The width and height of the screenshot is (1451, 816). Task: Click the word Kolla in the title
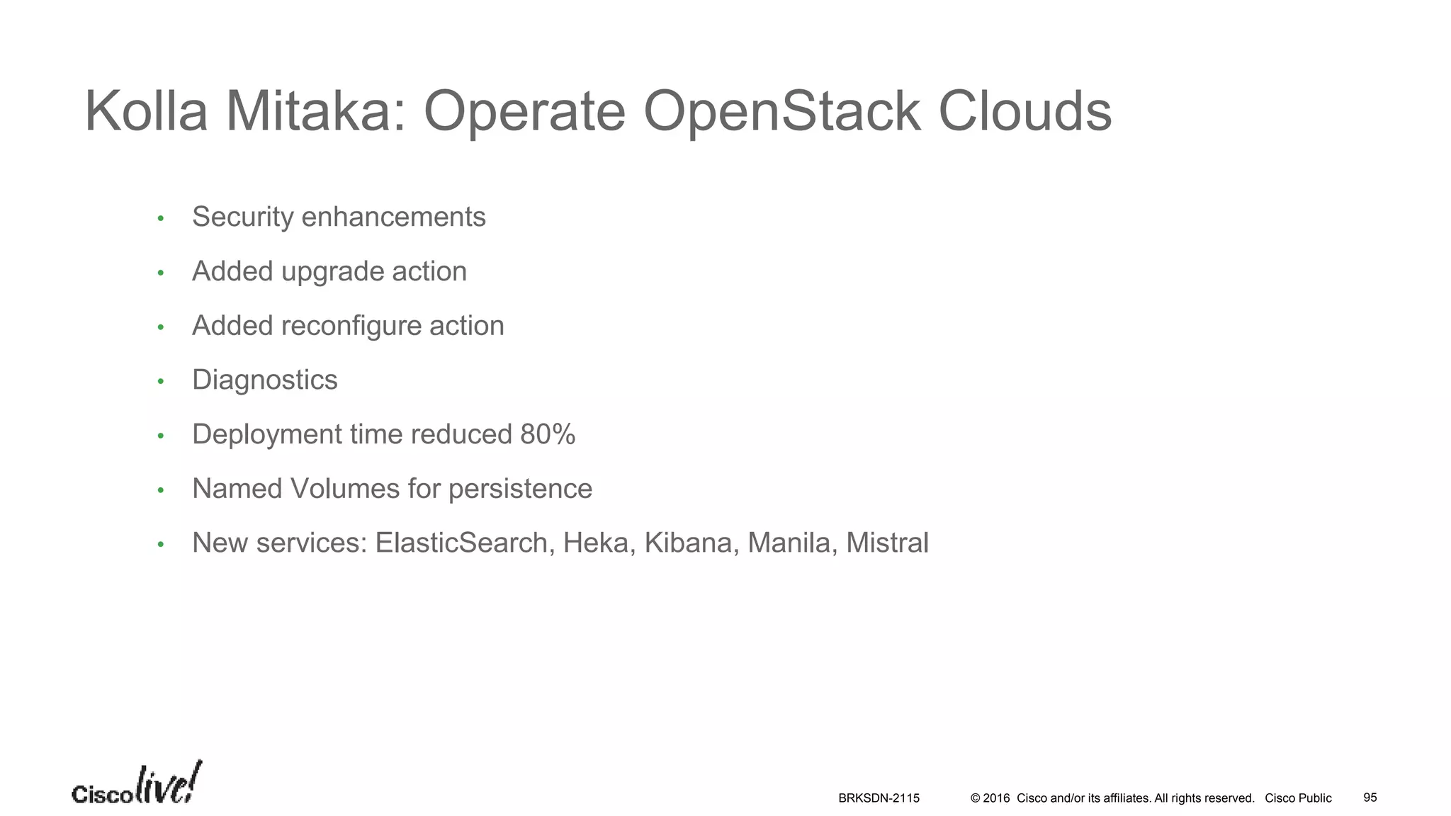tap(146, 112)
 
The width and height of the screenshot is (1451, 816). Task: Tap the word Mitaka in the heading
tap(316, 112)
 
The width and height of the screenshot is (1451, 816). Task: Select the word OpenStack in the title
tap(782, 112)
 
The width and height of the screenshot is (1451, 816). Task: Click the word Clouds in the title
tap(1024, 112)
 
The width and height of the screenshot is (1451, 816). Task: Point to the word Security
tap(242, 217)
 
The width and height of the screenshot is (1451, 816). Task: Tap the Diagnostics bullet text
tap(265, 380)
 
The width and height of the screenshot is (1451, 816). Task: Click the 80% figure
tap(548, 434)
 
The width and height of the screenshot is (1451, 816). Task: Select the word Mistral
tap(887, 543)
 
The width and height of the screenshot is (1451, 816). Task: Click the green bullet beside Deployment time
tap(161, 436)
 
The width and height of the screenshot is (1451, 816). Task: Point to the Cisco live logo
tap(136, 784)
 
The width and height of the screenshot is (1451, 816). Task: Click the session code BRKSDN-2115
tap(879, 798)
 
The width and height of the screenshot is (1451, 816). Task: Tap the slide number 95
tap(1370, 798)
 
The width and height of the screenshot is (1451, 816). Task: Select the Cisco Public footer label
tap(1298, 798)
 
